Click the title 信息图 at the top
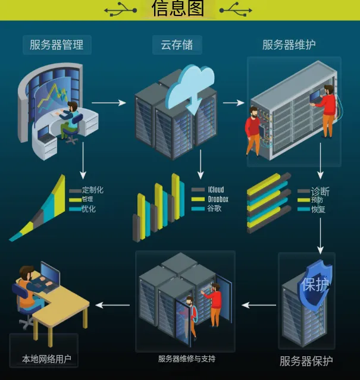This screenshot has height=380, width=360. [178, 9]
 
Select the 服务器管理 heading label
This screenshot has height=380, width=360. [57, 44]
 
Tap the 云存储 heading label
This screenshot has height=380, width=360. [177, 44]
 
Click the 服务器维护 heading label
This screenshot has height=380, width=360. [289, 45]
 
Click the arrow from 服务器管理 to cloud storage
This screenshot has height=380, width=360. [109, 102]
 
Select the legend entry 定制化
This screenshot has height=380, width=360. [92, 190]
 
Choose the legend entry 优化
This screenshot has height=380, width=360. [89, 209]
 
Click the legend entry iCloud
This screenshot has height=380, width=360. [215, 190]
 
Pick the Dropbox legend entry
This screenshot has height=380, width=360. [217, 199]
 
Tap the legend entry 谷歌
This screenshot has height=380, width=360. [214, 209]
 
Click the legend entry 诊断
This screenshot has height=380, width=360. [320, 192]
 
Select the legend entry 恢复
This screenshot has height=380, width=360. [318, 209]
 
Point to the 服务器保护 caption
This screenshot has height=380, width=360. [306, 361]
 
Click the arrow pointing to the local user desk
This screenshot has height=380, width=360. [112, 305]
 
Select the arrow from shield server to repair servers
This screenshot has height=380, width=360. [258, 305]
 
